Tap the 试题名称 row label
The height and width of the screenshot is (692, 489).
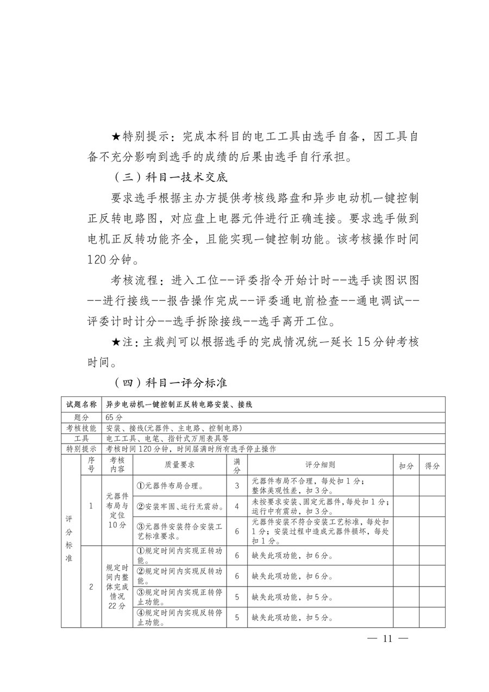(x=81, y=404)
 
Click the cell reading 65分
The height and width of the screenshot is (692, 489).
(x=115, y=417)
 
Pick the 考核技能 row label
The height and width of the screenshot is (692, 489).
(x=81, y=428)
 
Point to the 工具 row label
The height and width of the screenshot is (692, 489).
(x=81, y=438)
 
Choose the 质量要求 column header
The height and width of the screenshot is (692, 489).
(x=179, y=465)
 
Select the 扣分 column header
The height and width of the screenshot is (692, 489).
(x=406, y=466)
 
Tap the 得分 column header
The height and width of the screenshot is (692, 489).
(x=432, y=466)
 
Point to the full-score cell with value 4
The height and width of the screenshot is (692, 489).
(x=237, y=507)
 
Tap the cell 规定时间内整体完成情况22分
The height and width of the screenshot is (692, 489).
(x=116, y=587)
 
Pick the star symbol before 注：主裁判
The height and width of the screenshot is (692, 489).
(x=115, y=342)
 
